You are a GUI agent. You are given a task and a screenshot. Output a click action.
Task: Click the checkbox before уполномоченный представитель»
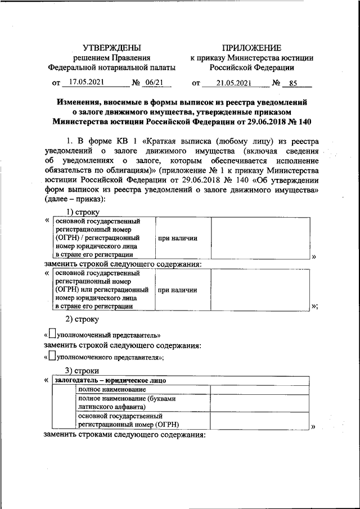pyautogui.click(x=52, y=334)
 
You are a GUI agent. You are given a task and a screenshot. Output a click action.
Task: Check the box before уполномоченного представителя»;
pyautogui.click(x=52, y=356)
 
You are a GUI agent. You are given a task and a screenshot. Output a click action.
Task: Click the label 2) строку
pyautogui.click(x=82, y=320)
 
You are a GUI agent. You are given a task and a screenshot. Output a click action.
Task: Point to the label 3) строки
pyautogui.click(x=83, y=371)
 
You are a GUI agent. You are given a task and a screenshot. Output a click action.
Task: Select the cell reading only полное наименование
pyautogui.click(x=112, y=389)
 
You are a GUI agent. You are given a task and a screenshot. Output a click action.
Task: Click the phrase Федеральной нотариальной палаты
pyautogui.click(x=112, y=67)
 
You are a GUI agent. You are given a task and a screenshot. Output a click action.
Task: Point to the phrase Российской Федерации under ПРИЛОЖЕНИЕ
pyautogui.click(x=251, y=67)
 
